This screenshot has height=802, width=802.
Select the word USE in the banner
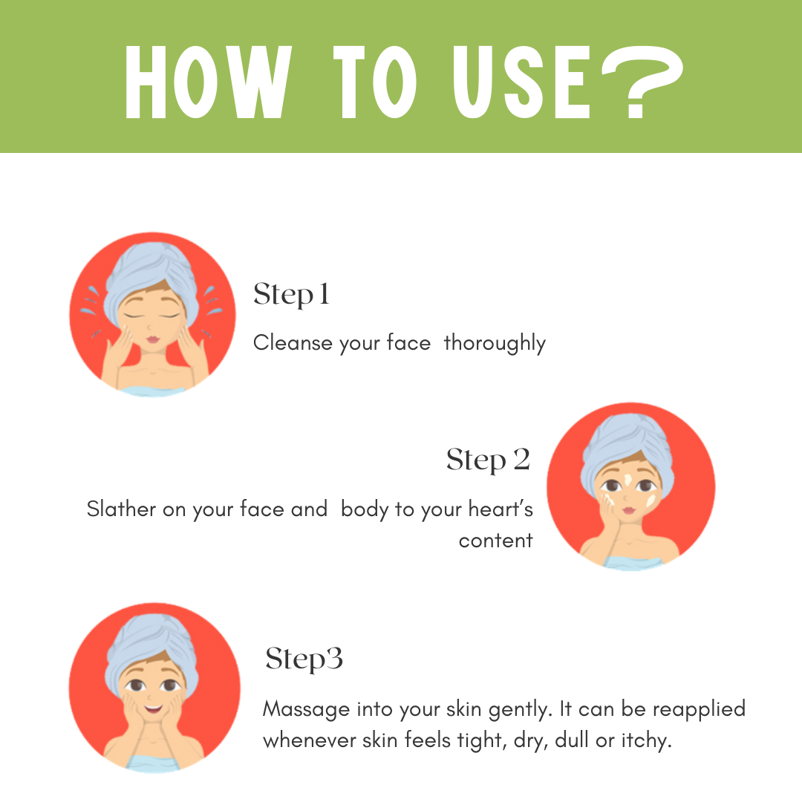(x=522, y=82)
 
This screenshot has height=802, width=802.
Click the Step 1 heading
(x=291, y=295)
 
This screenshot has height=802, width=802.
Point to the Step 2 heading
(x=488, y=460)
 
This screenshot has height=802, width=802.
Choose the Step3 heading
(x=304, y=659)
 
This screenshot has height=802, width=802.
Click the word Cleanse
(x=293, y=342)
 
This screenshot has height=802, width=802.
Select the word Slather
(x=121, y=509)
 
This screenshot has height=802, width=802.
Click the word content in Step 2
(x=495, y=541)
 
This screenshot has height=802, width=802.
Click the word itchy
(x=646, y=741)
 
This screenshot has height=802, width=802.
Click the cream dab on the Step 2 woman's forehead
(x=628, y=480)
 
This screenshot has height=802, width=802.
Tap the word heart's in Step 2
(x=501, y=509)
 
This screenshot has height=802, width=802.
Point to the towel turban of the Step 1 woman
(x=151, y=276)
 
